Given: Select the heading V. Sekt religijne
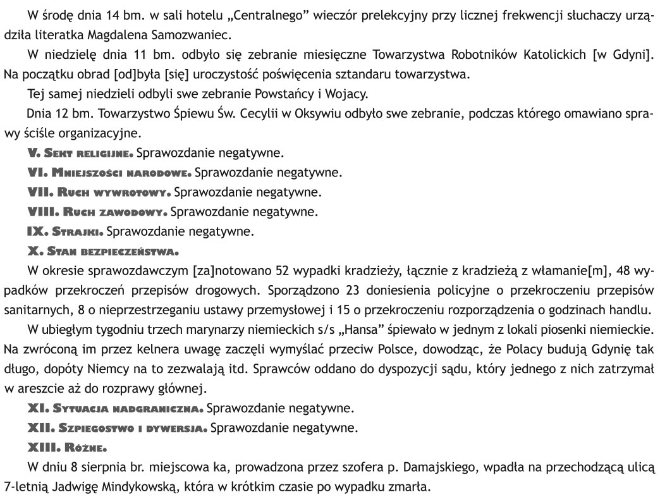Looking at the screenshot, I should tap(80, 153).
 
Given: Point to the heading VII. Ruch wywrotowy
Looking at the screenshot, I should tap(98, 192).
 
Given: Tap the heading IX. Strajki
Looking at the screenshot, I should tap(63, 231).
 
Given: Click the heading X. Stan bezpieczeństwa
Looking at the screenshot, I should tap(103, 251).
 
